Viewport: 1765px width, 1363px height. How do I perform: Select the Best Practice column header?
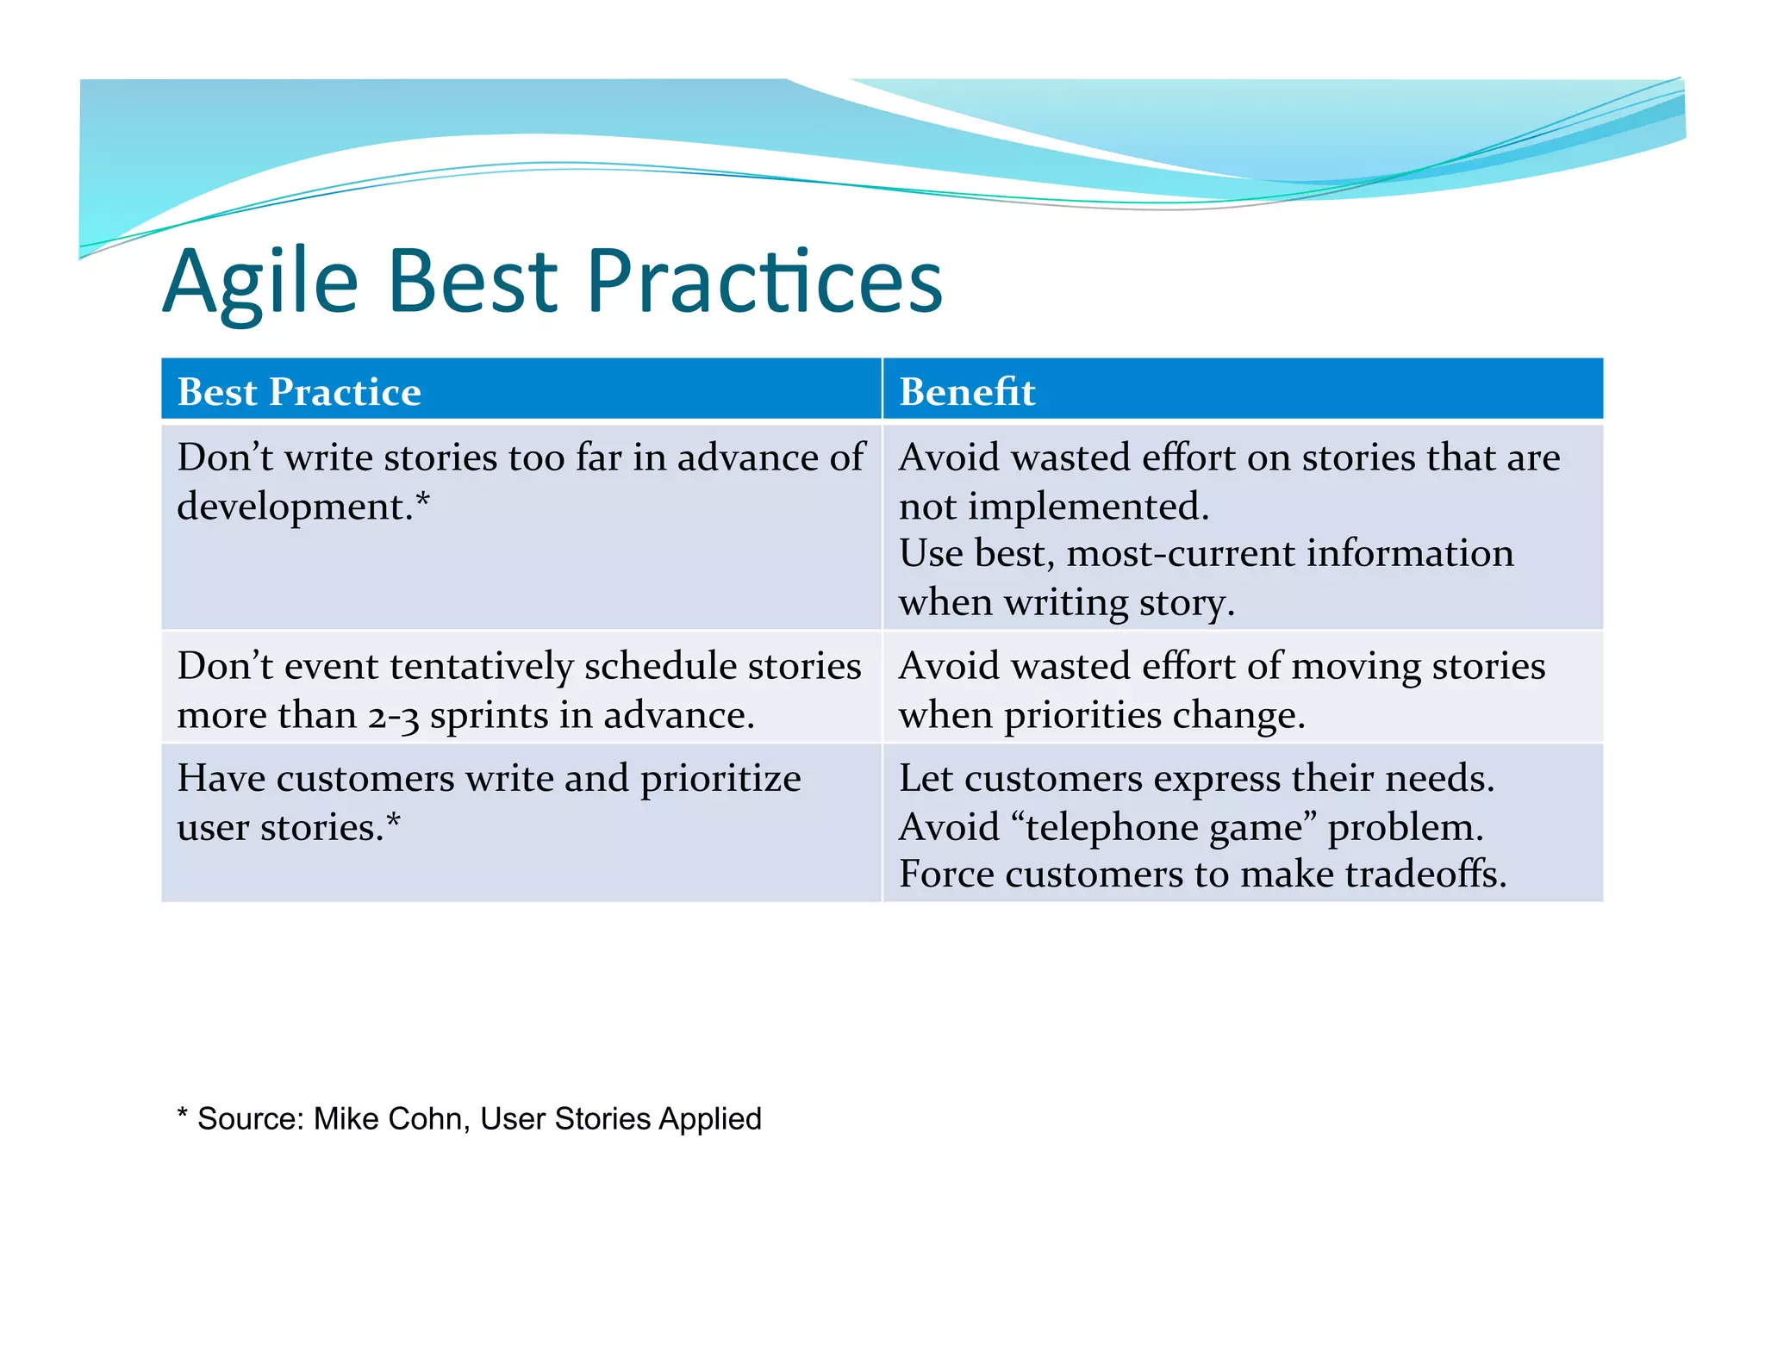click(x=299, y=392)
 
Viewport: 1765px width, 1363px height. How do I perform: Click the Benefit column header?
click(x=966, y=392)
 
